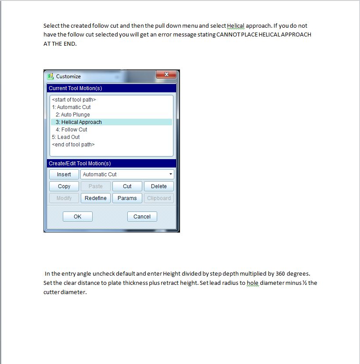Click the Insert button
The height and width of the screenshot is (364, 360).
(x=64, y=174)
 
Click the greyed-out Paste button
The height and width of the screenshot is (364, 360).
(x=96, y=186)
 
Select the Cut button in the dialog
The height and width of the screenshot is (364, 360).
(x=127, y=186)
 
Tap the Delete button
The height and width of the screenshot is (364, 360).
(x=159, y=186)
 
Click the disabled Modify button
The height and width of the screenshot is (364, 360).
(x=64, y=198)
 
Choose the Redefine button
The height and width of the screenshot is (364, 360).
(x=96, y=198)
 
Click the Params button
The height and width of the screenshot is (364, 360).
(x=127, y=198)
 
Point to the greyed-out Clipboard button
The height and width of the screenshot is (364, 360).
(x=159, y=198)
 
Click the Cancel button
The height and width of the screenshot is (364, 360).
(x=142, y=216)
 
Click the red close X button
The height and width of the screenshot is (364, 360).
(x=166, y=75)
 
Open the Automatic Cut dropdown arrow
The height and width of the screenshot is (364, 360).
(x=171, y=175)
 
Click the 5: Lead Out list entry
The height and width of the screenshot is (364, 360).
(x=66, y=137)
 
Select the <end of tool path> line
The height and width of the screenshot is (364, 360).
(x=73, y=145)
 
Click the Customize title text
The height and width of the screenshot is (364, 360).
(x=68, y=76)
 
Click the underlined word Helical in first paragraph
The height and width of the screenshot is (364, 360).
(x=236, y=26)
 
